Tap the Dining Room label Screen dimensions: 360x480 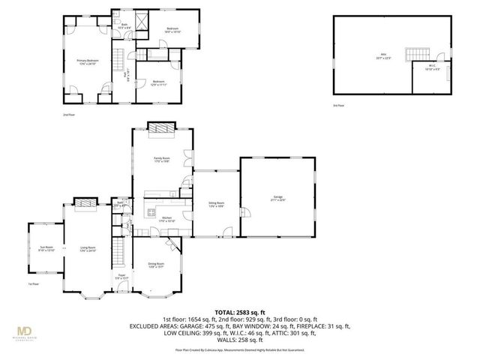(x=155, y=265)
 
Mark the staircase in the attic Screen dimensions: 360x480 (x=415, y=55)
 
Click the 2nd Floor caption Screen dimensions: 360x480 (x=69, y=115)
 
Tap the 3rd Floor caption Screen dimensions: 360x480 (x=339, y=106)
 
